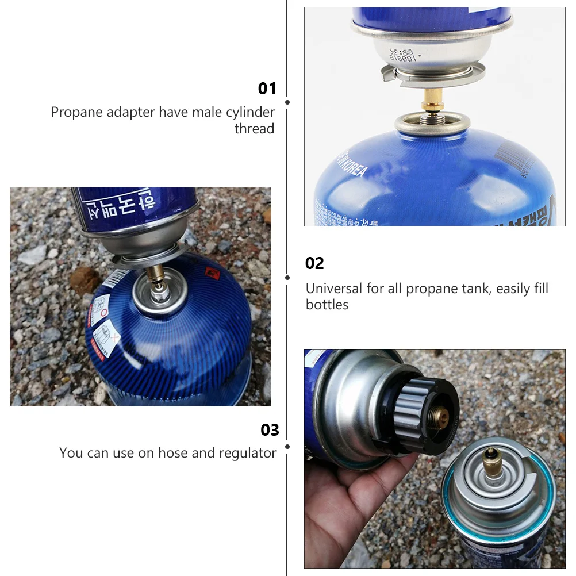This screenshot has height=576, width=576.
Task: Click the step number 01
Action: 267,89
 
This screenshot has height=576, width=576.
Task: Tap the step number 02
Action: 314,263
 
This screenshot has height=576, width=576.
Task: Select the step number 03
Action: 270,430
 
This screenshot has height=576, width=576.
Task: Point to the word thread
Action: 254,128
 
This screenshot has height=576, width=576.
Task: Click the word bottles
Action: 327,305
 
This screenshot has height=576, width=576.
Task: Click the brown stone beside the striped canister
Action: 84,279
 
